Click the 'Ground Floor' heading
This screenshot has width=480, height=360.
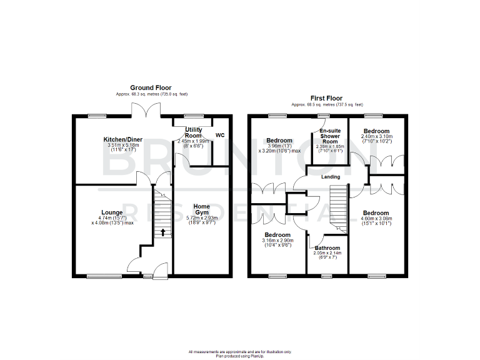coord(151,87)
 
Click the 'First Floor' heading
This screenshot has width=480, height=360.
coord(326,99)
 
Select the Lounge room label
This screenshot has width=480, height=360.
coord(112,212)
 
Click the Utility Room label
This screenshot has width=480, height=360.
coord(193,132)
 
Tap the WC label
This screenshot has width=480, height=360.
coord(220,135)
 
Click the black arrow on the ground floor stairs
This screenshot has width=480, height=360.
coord(162,232)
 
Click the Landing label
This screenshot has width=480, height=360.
coord(331,177)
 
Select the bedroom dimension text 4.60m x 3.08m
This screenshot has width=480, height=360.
coord(376,219)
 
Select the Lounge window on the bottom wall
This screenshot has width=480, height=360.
coord(104,276)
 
